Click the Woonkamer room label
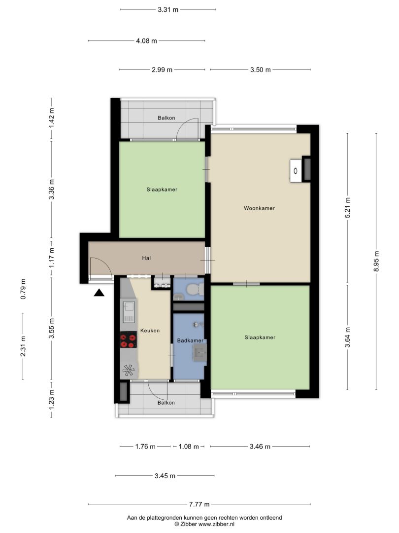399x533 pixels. click(x=259, y=208)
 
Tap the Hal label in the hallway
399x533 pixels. click(x=146, y=258)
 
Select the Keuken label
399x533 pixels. click(x=150, y=330)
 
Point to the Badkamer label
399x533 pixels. click(x=190, y=340)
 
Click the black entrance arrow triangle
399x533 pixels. click(x=99, y=292)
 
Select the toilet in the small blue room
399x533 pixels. click(x=195, y=290)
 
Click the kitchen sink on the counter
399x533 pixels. click(x=129, y=312)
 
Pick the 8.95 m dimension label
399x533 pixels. click(x=376, y=261)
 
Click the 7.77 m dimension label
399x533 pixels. click(x=199, y=504)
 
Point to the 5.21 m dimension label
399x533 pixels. click(x=347, y=207)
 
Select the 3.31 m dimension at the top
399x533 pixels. click(x=168, y=9)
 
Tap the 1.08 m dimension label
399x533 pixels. click(x=189, y=446)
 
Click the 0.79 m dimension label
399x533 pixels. click(x=23, y=289)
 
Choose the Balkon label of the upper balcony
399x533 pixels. click(x=166, y=118)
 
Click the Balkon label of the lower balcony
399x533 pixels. click(x=166, y=403)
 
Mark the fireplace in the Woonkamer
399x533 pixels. click(x=300, y=170)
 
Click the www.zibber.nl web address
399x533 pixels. click(x=216, y=524)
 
